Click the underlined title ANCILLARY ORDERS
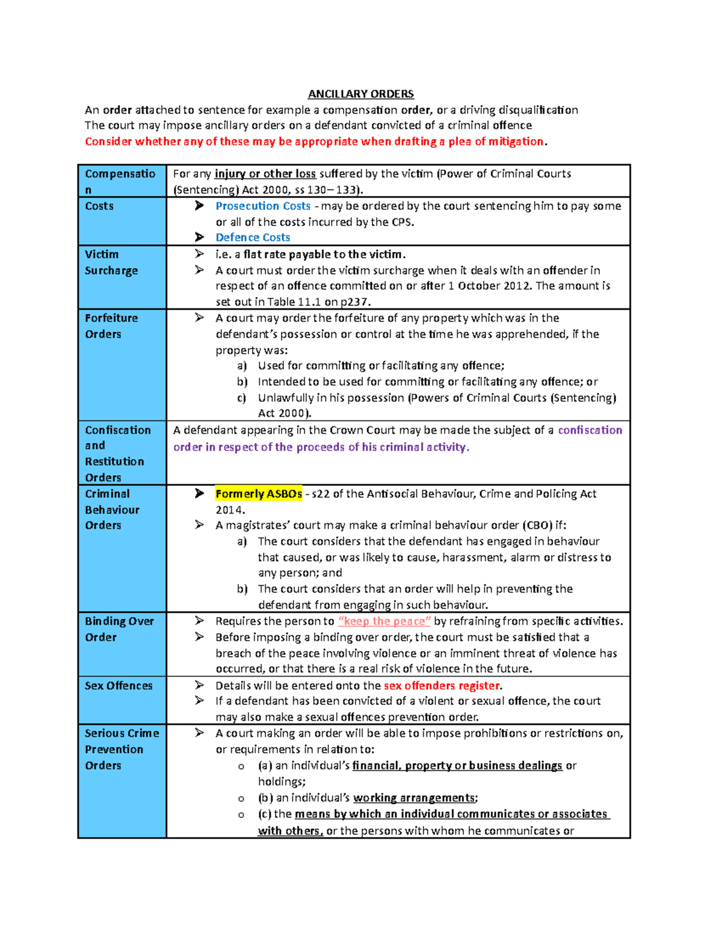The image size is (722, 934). (360, 94)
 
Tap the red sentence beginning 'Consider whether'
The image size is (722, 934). (316, 141)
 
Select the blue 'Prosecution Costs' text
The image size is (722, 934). (263, 206)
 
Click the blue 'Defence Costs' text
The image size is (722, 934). (253, 238)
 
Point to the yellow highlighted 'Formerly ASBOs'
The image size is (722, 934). (259, 494)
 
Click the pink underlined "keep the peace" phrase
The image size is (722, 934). (384, 621)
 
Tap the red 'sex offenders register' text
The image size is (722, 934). (442, 686)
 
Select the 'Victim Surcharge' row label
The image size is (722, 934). (111, 262)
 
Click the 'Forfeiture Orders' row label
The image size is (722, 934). (111, 326)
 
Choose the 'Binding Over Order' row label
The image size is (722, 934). (119, 629)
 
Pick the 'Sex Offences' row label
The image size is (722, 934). (119, 686)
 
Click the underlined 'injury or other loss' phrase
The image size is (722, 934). (265, 174)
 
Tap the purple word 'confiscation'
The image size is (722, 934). (590, 430)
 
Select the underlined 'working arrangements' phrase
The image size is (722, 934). (414, 798)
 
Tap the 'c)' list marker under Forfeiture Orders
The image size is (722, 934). (241, 398)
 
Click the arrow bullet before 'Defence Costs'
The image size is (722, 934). (199, 238)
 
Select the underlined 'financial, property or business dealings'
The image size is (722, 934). (457, 766)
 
